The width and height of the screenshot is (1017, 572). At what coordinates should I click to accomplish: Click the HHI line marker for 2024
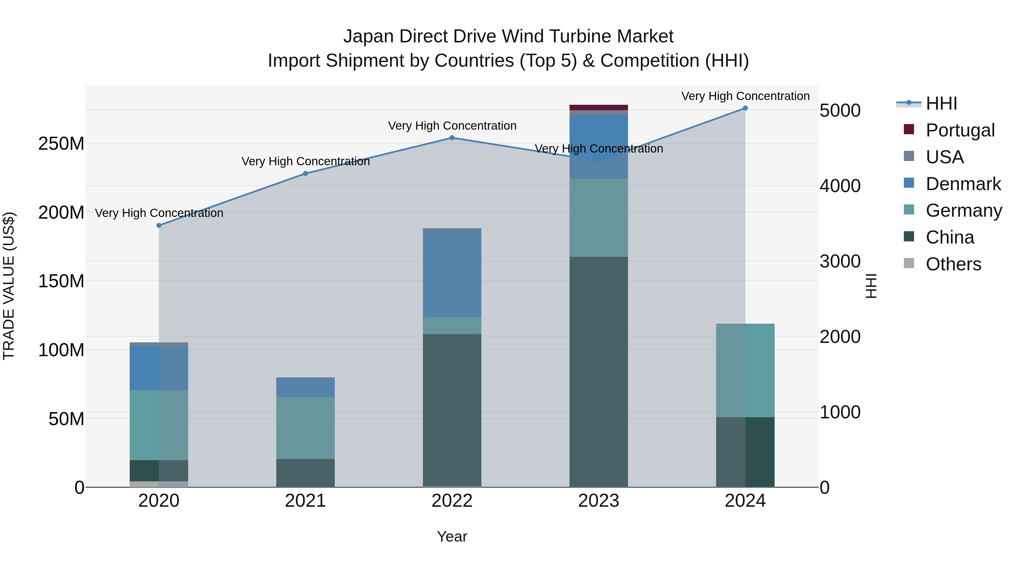(745, 108)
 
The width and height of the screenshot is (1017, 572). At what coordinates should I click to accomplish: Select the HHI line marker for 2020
(159, 225)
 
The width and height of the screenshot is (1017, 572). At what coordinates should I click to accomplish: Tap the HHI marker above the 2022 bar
(452, 138)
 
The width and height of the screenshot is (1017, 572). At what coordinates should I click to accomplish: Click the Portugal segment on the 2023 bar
(599, 107)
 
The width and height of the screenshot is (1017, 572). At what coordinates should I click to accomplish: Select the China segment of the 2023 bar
(599, 371)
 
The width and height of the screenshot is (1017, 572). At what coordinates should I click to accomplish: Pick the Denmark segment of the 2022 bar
(452, 273)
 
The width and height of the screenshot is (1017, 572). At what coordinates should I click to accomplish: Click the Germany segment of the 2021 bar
(305, 428)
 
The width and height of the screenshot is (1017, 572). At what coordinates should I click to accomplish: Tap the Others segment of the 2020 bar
(159, 484)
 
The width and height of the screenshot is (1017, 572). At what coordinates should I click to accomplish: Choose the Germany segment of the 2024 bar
(745, 370)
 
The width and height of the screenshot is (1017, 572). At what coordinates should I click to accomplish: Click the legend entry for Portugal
(960, 130)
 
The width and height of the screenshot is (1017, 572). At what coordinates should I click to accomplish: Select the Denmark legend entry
(963, 184)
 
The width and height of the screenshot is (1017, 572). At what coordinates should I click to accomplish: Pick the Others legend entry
(953, 264)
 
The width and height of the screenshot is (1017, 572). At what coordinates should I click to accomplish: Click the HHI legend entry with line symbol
(941, 103)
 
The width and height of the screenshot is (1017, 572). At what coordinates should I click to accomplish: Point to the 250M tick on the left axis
(61, 144)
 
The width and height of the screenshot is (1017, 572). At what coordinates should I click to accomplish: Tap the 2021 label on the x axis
(305, 501)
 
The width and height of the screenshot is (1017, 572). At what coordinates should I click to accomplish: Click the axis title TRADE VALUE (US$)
(9, 286)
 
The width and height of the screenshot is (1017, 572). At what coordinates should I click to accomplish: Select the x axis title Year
(452, 536)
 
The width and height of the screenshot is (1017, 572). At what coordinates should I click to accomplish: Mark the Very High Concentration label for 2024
(745, 96)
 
